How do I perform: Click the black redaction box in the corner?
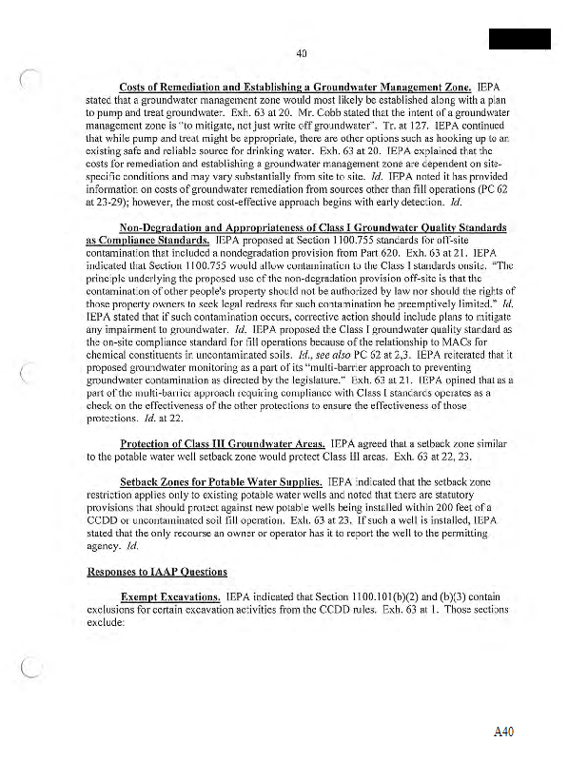[519, 39]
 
